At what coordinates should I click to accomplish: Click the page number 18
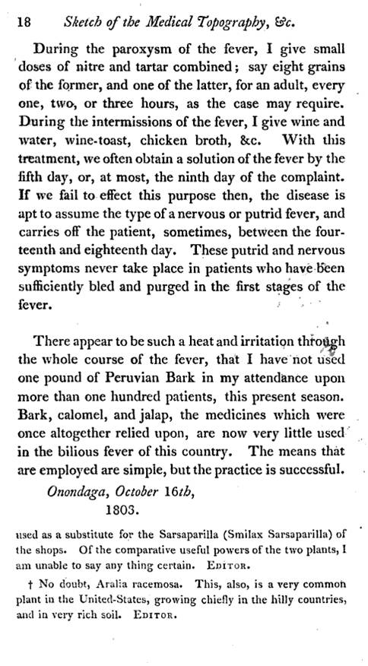[24, 23]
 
